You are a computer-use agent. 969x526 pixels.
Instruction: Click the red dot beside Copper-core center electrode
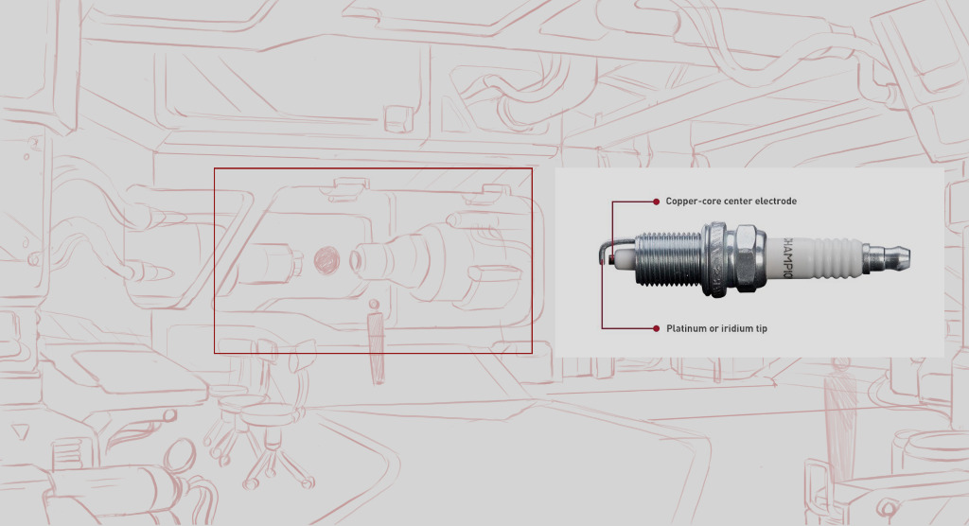657,202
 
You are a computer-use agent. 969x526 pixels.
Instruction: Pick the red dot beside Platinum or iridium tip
657,329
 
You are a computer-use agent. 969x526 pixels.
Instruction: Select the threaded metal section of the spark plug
669,258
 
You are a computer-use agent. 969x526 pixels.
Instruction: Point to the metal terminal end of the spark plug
886,257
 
